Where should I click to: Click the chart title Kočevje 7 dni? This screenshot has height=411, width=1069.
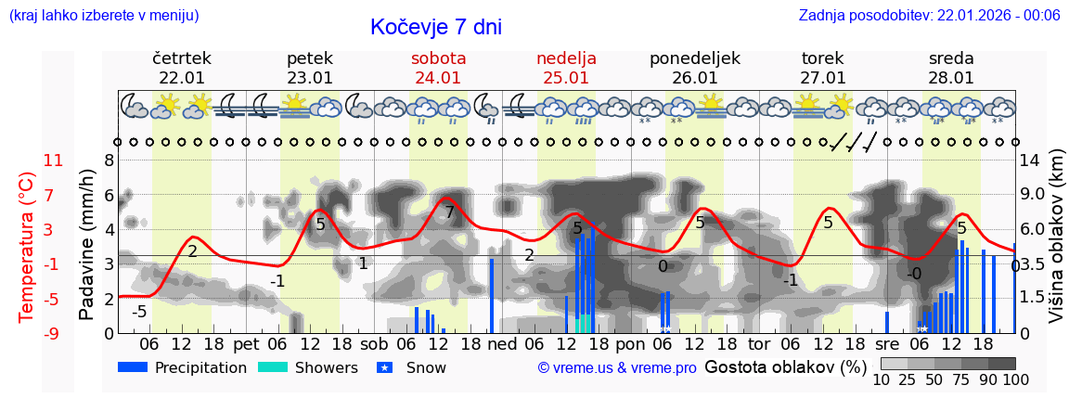(435, 27)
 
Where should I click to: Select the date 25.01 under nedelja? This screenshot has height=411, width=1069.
(566, 78)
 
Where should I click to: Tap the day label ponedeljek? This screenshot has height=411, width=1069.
(694, 58)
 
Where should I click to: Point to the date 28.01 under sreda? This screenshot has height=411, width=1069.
(951, 78)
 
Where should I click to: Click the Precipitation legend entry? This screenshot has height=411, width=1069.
(183, 367)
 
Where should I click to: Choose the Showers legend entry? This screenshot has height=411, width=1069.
(307, 367)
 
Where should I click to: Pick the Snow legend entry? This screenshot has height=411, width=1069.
(412, 367)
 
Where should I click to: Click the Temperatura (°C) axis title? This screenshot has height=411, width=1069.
(26, 247)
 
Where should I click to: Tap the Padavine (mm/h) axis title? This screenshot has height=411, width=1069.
(87, 246)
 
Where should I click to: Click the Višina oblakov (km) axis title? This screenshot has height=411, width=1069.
(1056, 247)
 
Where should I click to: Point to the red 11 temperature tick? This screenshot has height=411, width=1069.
(53, 161)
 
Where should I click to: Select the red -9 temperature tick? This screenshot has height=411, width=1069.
(53, 333)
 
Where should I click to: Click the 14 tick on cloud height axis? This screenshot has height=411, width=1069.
(1030, 161)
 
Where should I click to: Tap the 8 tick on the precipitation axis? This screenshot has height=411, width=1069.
(109, 161)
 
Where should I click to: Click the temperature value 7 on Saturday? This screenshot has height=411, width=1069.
(449, 212)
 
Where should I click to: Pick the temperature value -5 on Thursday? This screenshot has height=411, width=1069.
(139, 312)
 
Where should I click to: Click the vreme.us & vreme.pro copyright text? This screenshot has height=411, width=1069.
(617, 367)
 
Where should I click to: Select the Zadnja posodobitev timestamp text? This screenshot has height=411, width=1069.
(929, 15)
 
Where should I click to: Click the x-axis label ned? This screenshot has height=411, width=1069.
(503, 344)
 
